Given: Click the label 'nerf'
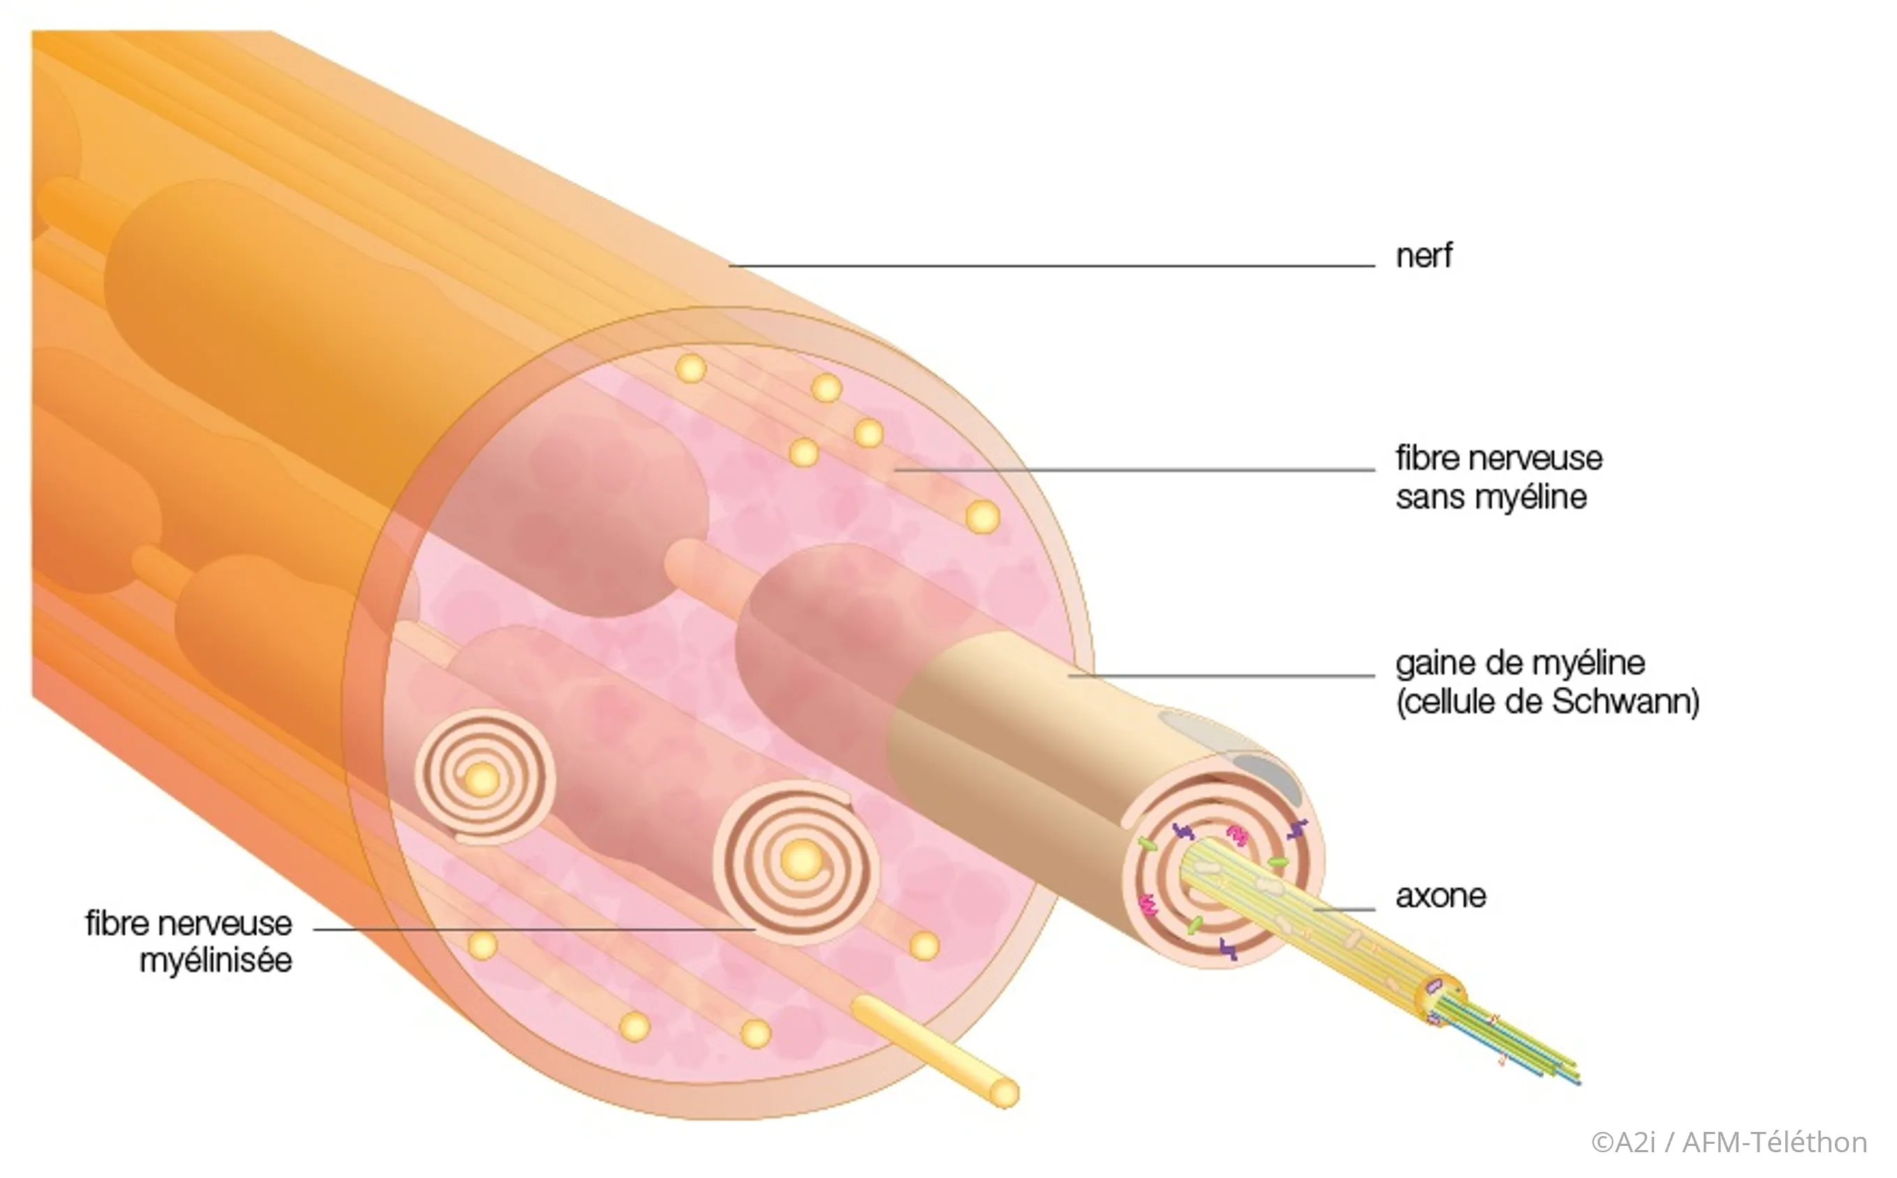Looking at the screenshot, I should point(1423,256).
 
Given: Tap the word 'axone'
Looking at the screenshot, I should point(1441,896).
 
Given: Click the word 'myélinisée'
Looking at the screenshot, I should point(216,961).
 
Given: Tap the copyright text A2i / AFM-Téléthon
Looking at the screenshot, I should point(1729,1142).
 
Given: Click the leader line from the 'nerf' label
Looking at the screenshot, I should point(1052,266).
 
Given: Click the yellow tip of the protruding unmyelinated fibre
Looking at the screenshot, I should point(1004,1093).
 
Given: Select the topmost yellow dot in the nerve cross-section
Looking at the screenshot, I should point(690,368).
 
